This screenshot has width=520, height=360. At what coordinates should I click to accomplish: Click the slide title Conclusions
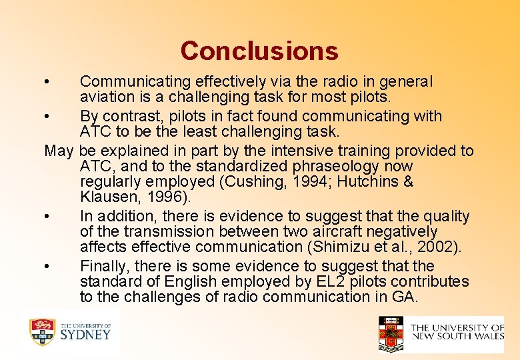click(259, 51)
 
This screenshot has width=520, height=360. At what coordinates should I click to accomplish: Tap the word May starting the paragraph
click(59, 151)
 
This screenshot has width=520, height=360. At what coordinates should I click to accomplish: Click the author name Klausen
click(107, 197)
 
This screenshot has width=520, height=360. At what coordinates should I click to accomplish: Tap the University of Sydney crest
click(42, 332)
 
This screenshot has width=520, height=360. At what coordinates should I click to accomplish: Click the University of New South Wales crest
click(391, 333)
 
